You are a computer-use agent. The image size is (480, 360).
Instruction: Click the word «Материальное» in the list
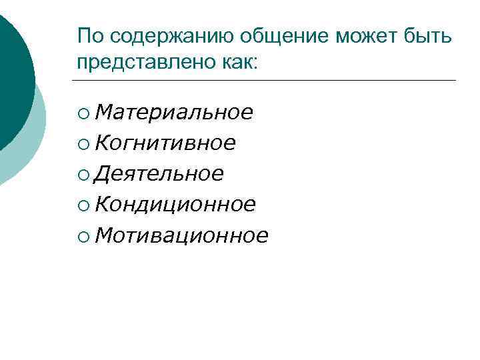173,113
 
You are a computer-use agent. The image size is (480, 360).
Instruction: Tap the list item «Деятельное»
159,174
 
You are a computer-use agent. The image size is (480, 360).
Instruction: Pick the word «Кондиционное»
175,205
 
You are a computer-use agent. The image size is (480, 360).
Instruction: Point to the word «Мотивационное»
181,235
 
